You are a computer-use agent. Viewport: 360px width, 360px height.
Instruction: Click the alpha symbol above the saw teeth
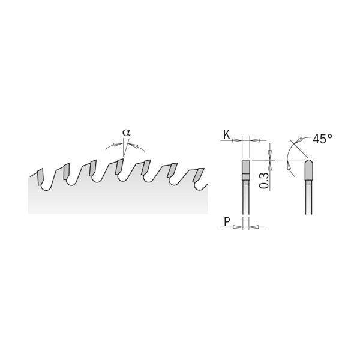(125, 132)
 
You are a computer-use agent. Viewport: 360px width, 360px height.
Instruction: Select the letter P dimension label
(226, 222)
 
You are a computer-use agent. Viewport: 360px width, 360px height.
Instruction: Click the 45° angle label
(322, 139)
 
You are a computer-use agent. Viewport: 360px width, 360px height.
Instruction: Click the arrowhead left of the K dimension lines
(236, 140)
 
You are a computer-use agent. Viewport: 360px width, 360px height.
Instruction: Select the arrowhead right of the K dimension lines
(255, 140)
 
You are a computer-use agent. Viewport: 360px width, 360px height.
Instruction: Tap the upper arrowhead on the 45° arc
(295, 144)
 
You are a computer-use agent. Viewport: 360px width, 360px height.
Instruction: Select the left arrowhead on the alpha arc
(111, 145)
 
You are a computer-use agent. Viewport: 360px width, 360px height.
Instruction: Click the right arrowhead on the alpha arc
(139, 145)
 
